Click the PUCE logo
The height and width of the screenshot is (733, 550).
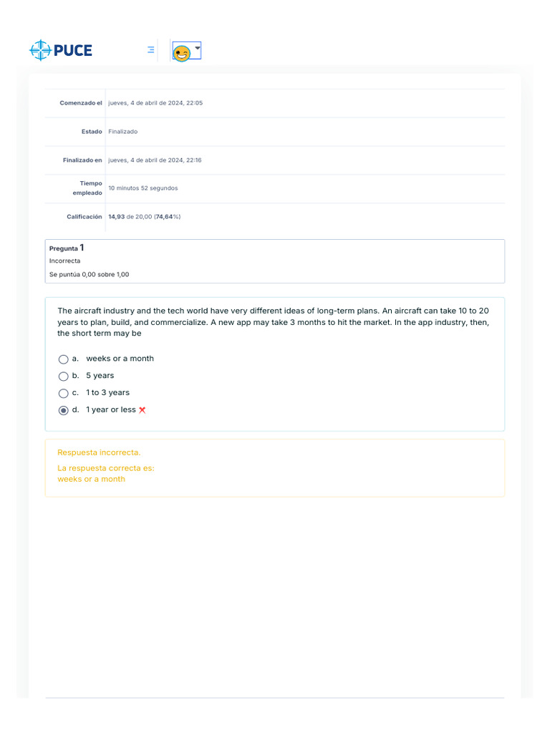pos(61,50)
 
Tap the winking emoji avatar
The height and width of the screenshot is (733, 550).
pos(182,53)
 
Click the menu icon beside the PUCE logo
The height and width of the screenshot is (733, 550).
pos(151,50)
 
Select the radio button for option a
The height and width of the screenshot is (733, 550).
pos(64,359)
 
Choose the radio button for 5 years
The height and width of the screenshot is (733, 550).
pos(64,376)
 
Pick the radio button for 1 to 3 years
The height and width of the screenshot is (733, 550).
pos(64,393)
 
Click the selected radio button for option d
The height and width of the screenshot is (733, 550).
pos(64,410)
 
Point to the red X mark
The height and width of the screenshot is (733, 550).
pos(143,410)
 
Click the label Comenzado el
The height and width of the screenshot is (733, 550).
pos(81,103)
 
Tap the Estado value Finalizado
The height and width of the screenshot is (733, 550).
pos(122,132)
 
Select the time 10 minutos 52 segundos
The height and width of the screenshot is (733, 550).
pos(143,188)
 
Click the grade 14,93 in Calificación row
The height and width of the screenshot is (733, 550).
pos(116,216)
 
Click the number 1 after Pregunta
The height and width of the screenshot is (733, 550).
pos(82,248)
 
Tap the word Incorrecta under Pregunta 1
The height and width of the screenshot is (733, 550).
pos(64,261)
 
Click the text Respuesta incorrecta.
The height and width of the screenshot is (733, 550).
pos(99,452)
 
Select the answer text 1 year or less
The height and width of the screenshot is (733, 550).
pos(111,410)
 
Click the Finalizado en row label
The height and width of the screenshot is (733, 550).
pos(82,160)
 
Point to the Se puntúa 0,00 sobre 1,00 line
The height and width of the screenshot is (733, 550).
pos(89,274)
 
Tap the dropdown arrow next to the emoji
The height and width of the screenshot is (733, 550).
pos(198,47)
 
